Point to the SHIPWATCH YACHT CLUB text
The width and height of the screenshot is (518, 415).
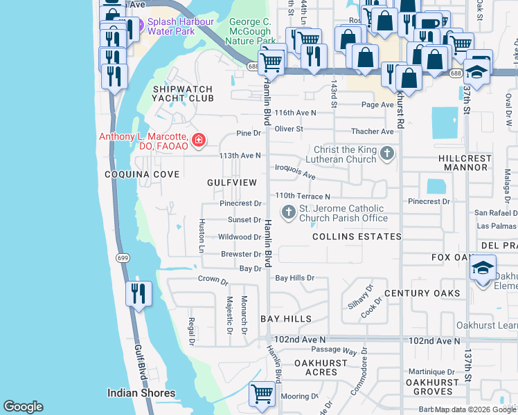[184, 93]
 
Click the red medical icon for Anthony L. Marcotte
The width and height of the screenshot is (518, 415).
[199, 140]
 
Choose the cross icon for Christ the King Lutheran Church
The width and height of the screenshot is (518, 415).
[387, 154]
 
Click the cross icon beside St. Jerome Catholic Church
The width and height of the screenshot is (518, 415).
[288, 210]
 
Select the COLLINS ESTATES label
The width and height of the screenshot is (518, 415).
[357, 237]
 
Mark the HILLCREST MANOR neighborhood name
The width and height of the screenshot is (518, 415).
[474, 163]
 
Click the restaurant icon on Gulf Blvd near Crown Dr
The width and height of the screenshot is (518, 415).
[139, 293]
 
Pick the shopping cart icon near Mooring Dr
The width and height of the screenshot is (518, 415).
[262, 395]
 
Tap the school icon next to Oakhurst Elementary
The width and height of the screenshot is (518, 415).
[482, 270]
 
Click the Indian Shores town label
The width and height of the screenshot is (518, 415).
[141, 394]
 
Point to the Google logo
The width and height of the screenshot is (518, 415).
[23, 406]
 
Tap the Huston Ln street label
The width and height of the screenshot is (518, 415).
[202, 236]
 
